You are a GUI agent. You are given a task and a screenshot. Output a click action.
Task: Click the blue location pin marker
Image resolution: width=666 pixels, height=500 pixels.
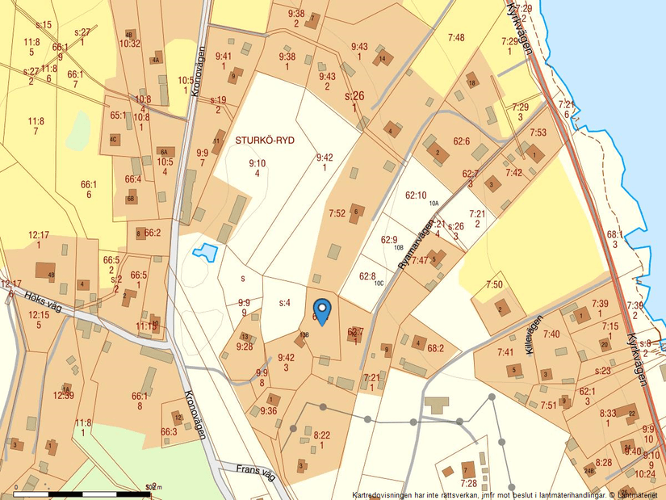pos(322,310)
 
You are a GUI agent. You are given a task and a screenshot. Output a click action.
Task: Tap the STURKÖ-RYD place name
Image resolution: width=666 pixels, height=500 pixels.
pos(265,140)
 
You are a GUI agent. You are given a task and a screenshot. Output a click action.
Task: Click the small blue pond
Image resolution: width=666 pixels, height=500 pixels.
pos(205,253)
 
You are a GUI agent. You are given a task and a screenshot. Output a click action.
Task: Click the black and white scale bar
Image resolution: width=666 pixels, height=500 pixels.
pos(81,493)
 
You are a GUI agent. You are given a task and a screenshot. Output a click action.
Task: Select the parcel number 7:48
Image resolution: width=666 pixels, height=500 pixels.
pos(456,37)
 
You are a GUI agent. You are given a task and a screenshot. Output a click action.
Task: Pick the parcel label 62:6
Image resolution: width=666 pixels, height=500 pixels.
pos(461,141)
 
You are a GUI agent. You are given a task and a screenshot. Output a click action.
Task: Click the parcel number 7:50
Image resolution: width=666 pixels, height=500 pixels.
pos(494,284)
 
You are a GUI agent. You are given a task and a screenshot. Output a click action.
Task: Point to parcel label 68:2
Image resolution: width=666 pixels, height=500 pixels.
pos(436,348)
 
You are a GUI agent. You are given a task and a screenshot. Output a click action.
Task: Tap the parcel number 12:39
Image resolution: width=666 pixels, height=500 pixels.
pos(63,395)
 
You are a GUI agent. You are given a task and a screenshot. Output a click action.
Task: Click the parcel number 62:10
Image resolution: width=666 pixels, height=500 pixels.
pos(415,195)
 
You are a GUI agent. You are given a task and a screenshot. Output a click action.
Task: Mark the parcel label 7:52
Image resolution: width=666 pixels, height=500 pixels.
pos(337,213)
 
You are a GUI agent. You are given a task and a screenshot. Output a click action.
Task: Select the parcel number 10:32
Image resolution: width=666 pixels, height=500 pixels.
pos(130,44)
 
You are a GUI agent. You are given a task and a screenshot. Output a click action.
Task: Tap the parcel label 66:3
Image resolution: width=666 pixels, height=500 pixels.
pos(169,432)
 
